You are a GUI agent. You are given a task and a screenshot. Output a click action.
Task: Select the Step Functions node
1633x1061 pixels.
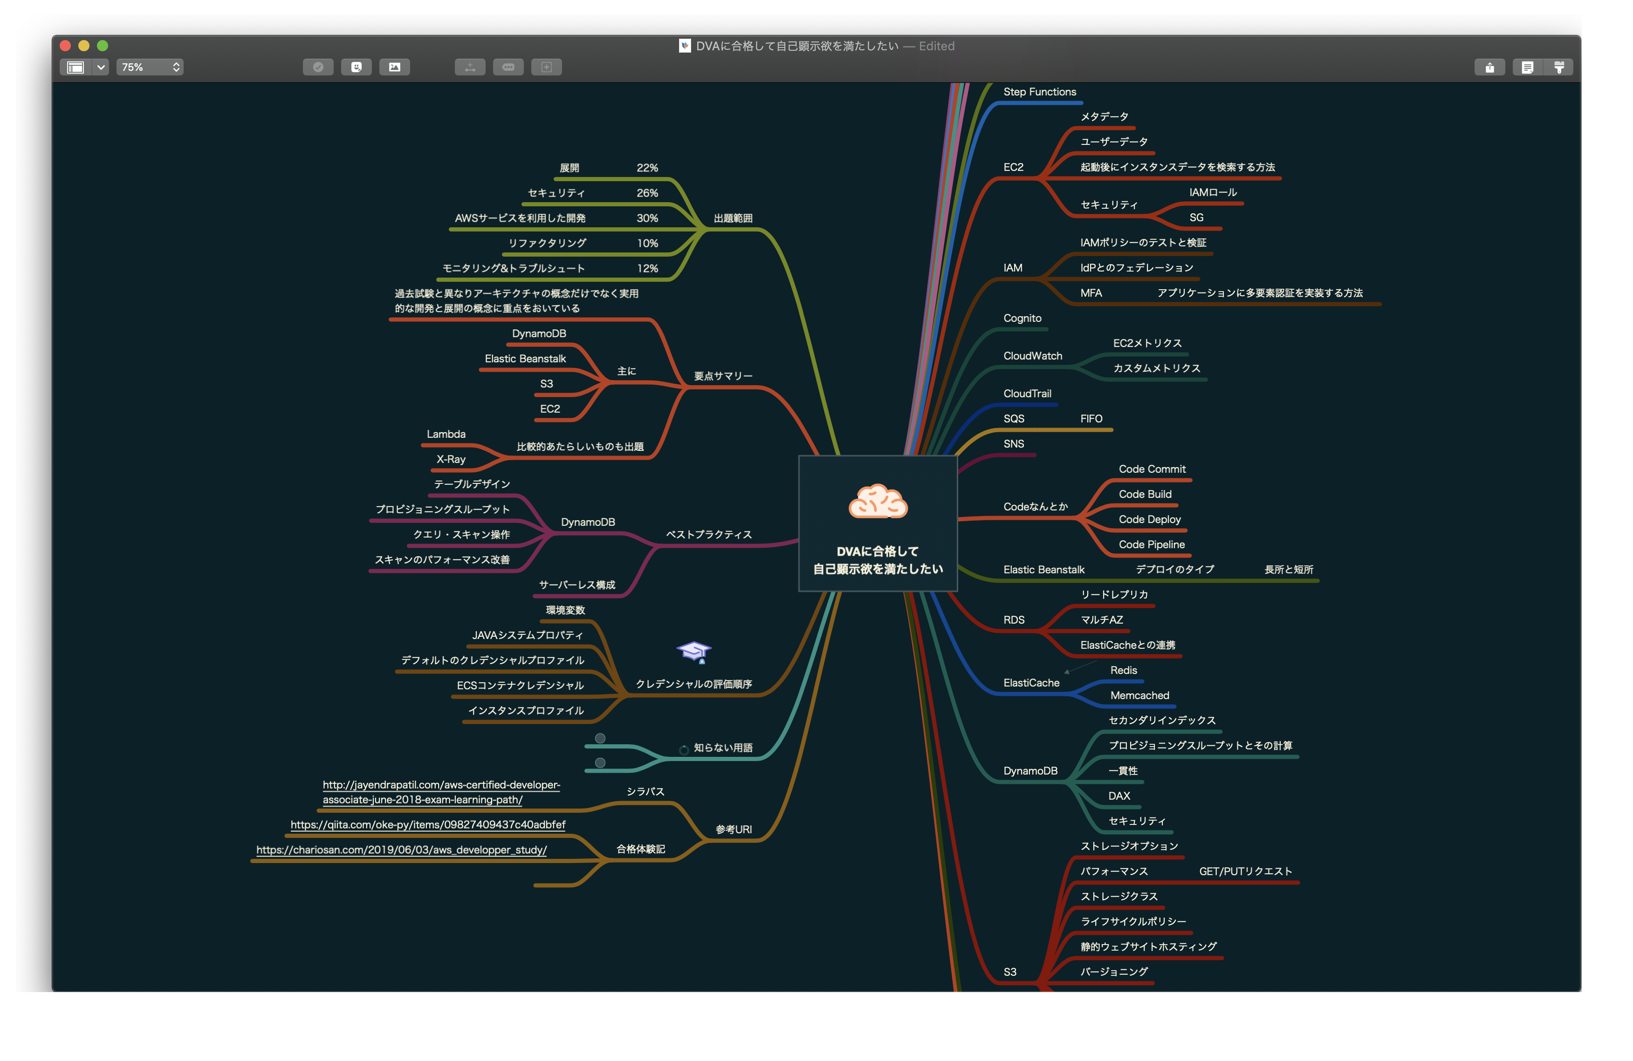1039,92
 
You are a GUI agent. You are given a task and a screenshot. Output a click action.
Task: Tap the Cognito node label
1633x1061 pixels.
1022,318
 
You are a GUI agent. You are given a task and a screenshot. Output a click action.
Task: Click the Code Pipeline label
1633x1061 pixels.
1151,544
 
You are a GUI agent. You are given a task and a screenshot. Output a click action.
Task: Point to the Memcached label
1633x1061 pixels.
1139,695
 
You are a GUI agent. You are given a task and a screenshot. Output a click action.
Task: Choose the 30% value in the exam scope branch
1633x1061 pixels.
647,218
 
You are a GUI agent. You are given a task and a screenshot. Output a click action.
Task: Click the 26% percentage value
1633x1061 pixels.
647,193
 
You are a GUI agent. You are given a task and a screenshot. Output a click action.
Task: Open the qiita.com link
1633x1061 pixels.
427,824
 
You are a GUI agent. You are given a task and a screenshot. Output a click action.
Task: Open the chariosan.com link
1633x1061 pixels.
401,850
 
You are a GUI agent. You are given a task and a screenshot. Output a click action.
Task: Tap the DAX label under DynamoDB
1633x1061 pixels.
1119,796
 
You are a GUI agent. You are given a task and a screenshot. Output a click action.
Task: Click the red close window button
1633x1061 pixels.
66,46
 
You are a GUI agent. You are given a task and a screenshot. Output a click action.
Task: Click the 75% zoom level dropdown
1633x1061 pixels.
150,67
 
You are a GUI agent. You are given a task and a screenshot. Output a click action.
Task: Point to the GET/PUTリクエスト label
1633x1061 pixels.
1245,871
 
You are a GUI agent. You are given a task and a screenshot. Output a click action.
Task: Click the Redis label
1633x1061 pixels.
1123,670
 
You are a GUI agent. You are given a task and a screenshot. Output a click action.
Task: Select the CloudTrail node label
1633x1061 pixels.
1027,394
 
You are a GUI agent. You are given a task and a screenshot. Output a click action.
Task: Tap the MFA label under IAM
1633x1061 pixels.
1091,293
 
